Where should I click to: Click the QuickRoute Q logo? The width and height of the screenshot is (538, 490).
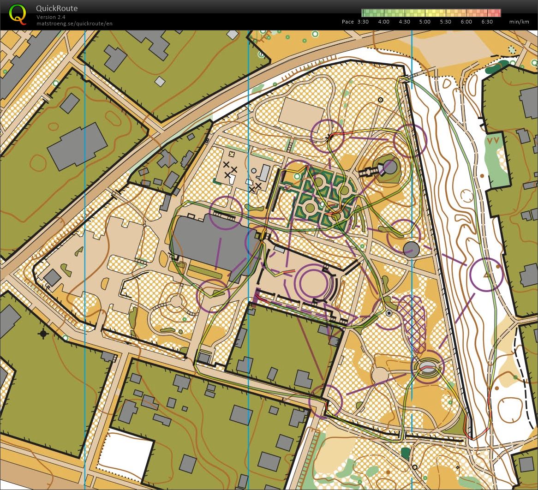click(18, 14)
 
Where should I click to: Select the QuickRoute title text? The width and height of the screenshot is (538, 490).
click(57, 8)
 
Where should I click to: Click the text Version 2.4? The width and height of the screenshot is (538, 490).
click(51, 17)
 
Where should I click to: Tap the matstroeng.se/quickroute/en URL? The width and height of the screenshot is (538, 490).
click(74, 23)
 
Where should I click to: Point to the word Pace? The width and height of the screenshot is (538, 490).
click(348, 22)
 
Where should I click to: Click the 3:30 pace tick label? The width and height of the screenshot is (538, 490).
click(363, 22)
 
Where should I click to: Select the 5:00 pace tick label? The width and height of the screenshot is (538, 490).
click(425, 22)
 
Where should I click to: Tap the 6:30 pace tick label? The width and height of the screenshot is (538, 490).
click(487, 22)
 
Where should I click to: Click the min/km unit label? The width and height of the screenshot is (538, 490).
click(519, 22)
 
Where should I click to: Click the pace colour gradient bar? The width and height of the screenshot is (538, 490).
click(431, 12)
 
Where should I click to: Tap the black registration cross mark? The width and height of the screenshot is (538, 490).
click(43, 333)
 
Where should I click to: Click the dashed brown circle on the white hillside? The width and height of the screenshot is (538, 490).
click(467, 196)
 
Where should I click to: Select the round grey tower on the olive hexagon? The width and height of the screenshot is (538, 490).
click(390, 167)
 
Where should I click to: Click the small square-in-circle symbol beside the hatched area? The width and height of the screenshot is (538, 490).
click(389, 313)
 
